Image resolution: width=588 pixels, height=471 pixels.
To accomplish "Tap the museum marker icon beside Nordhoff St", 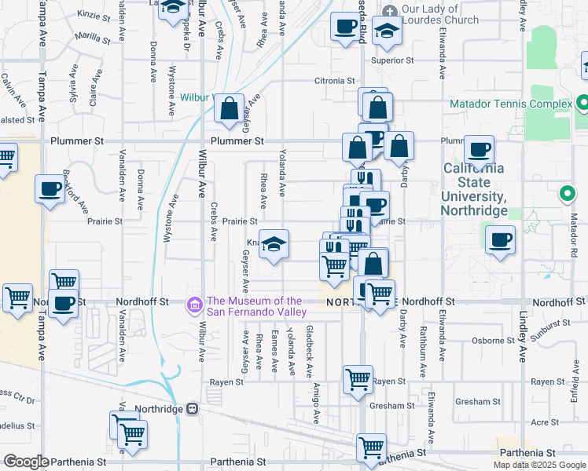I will pyautogui.click(x=193, y=304).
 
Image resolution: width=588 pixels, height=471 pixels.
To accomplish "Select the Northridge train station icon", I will pyautogui.click(x=191, y=409).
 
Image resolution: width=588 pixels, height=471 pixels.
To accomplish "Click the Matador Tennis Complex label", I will pyautogui.click(x=510, y=104).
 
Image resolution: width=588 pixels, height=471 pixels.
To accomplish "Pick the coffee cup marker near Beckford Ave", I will pyautogui.click(x=50, y=188).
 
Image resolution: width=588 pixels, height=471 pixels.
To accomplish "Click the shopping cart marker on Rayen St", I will pyautogui.click(x=358, y=379).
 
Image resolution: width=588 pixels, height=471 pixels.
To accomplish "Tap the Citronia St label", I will pyautogui.click(x=336, y=80).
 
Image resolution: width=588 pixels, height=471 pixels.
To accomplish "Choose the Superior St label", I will pyautogui.click(x=393, y=60).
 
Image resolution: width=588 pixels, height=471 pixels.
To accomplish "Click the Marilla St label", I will pyautogui.click(x=93, y=37).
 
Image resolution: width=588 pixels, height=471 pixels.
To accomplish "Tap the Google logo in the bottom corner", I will pyautogui.click(x=26, y=462).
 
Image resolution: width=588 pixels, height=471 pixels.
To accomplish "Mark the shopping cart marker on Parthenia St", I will pyautogui.click(x=371, y=447).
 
